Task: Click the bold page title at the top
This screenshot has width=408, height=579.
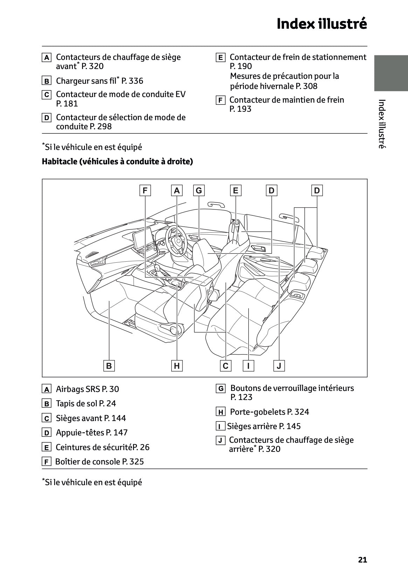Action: [321, 24]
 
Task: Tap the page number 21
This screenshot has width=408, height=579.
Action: [362, 560]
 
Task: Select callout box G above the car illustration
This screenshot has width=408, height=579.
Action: [199, 191]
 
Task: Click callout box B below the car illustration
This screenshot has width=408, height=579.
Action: [109, 366]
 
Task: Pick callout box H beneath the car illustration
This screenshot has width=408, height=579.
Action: [177, 366]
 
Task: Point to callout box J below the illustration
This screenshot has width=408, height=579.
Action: [279, 366]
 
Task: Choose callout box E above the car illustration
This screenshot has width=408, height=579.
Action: [235, 191]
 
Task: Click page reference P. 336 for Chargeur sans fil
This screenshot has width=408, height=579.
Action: [132, 81]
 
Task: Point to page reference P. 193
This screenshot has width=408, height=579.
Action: [240, 109]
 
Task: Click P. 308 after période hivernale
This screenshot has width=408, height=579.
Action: [306, 86]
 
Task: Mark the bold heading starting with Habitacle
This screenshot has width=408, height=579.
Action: [117, 161]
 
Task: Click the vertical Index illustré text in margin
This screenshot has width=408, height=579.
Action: [382, 124]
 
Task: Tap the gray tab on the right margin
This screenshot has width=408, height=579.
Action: [390, 73]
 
